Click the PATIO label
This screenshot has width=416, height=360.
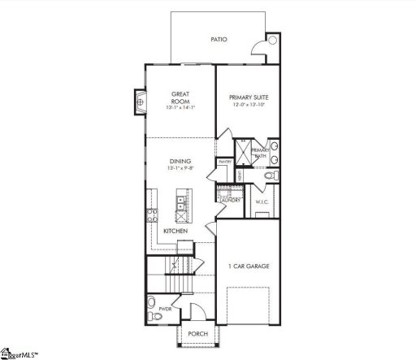(218, 38)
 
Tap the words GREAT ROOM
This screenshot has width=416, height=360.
(180, 98)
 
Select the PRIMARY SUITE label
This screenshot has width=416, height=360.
(249, 98)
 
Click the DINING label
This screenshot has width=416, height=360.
(180, 161)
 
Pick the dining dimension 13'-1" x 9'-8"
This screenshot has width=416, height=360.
(180, 169)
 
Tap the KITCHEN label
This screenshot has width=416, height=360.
(175, 232)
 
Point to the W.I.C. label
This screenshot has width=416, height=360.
(262, 202)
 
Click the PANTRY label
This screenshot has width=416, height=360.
(224, 162)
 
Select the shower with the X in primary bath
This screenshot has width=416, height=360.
(243, 151)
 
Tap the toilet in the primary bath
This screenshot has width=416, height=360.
(273, 175)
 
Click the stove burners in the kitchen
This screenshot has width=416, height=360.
(151, 216)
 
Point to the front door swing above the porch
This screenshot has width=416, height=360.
(194, 310)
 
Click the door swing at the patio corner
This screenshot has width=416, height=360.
(271, 45)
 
